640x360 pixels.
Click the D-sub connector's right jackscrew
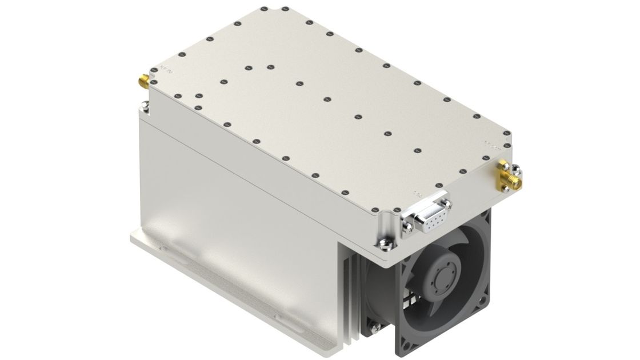click(x=446, y=202)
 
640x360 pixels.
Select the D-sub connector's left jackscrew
click(x=407, y=228)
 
